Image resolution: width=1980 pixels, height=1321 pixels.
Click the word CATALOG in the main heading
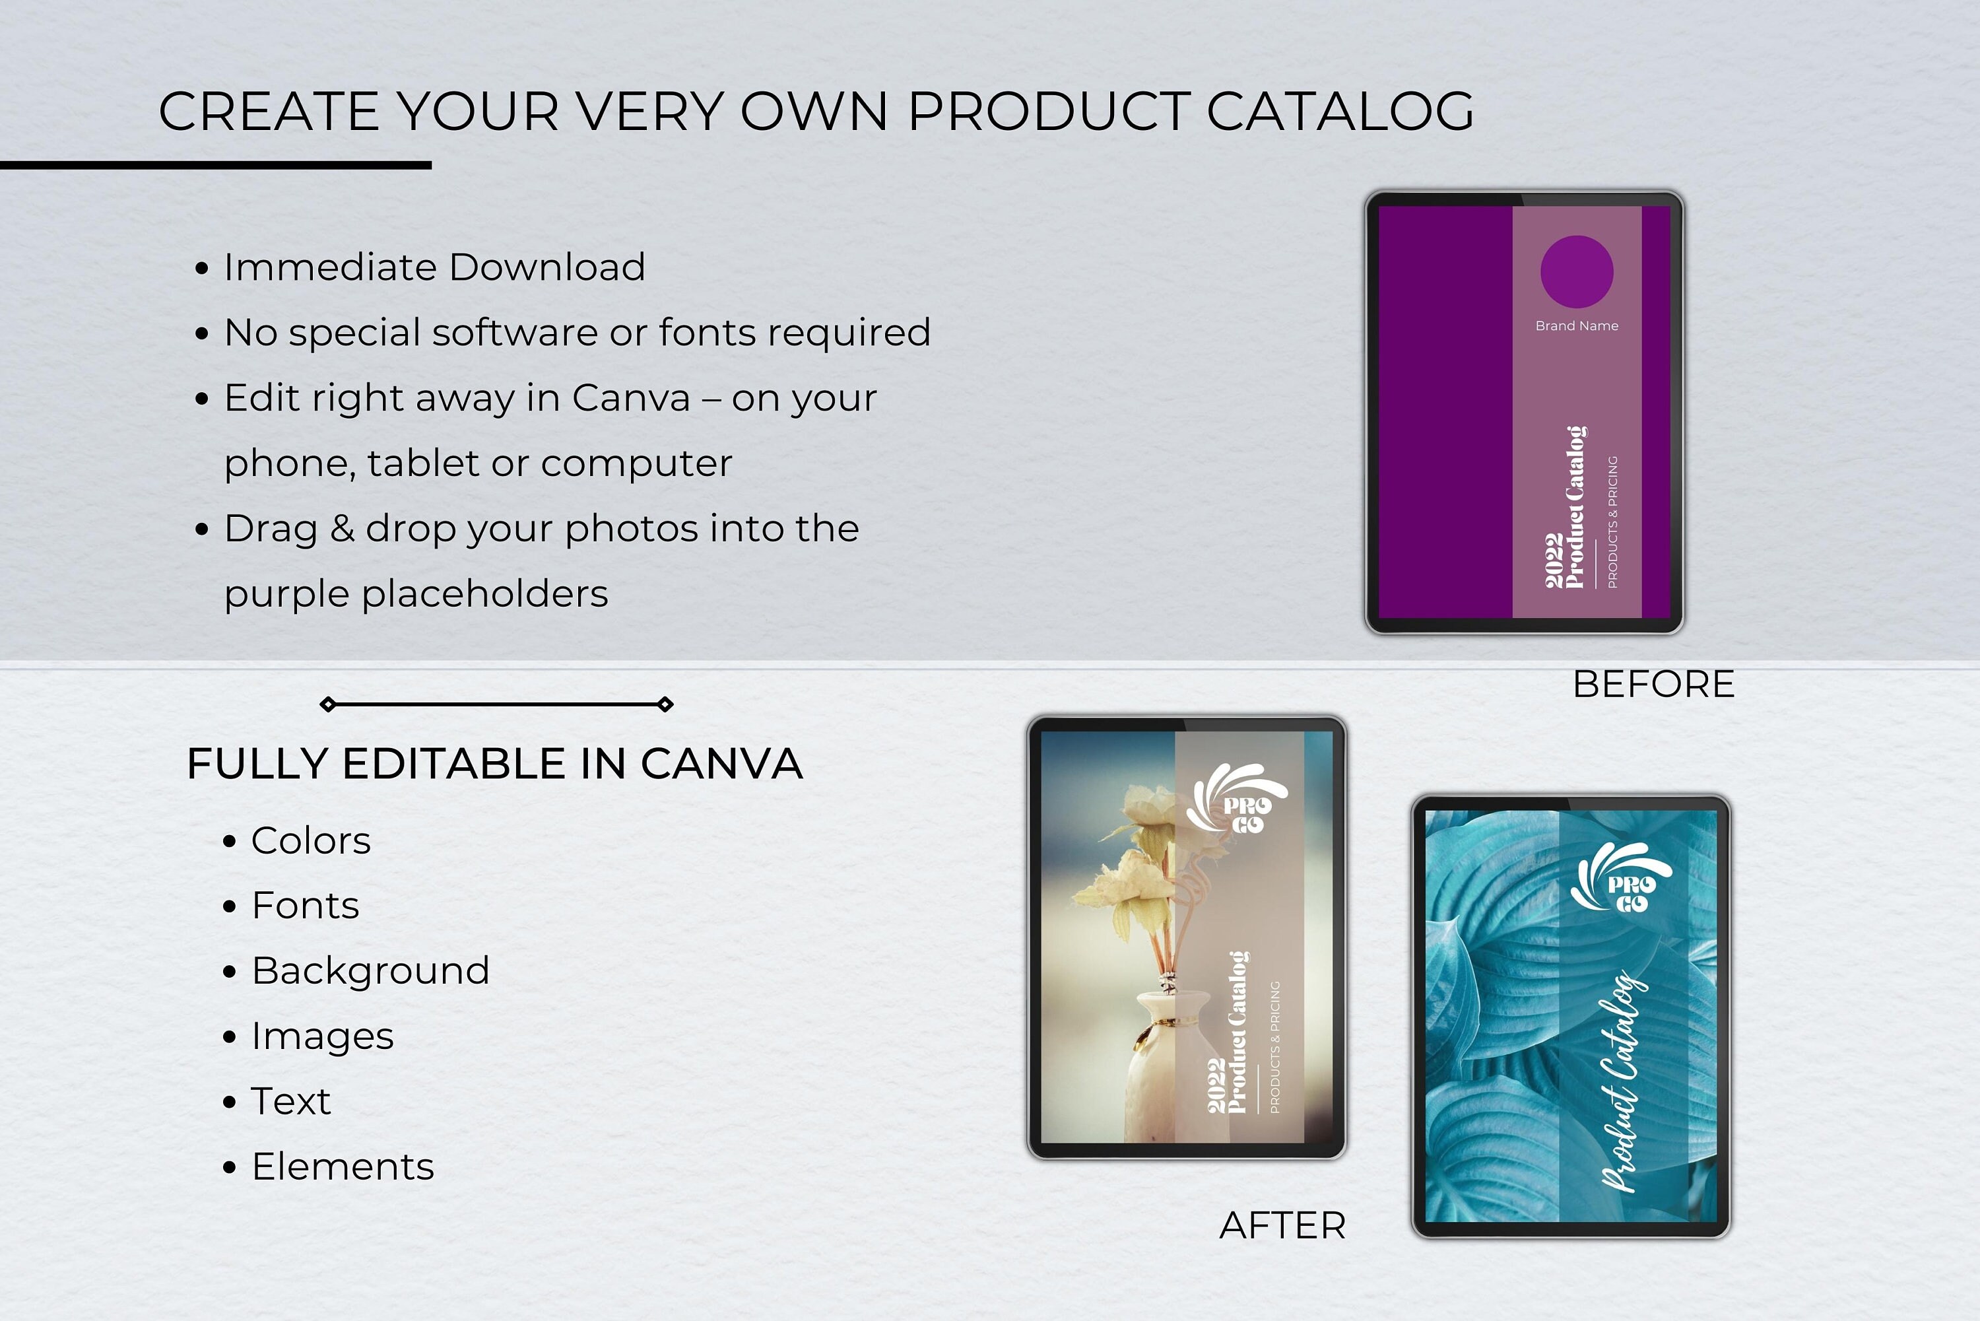1340,111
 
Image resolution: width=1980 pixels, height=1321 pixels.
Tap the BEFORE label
1653,684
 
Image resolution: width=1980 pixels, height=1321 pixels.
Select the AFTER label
1282,1226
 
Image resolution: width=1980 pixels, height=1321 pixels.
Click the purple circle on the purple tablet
1577,272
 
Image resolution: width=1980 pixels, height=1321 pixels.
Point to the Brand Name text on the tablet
1577,326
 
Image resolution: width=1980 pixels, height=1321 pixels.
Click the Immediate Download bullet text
434,268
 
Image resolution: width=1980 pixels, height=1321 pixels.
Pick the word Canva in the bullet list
631,397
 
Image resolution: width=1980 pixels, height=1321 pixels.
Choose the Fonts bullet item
305,906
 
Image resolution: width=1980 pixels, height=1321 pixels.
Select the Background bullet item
370,970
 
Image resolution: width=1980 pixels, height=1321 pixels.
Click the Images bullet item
323,1036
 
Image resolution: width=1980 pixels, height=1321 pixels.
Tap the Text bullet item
290,1101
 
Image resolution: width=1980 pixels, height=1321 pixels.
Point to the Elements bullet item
343,1167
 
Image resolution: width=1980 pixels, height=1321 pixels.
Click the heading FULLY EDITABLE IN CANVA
494,764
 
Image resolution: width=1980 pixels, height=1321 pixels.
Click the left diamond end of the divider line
329,704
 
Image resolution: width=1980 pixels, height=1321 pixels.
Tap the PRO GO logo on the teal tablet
1622,881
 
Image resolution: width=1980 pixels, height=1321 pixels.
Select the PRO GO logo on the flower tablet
1238,800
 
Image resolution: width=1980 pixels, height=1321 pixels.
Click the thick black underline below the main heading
216,165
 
